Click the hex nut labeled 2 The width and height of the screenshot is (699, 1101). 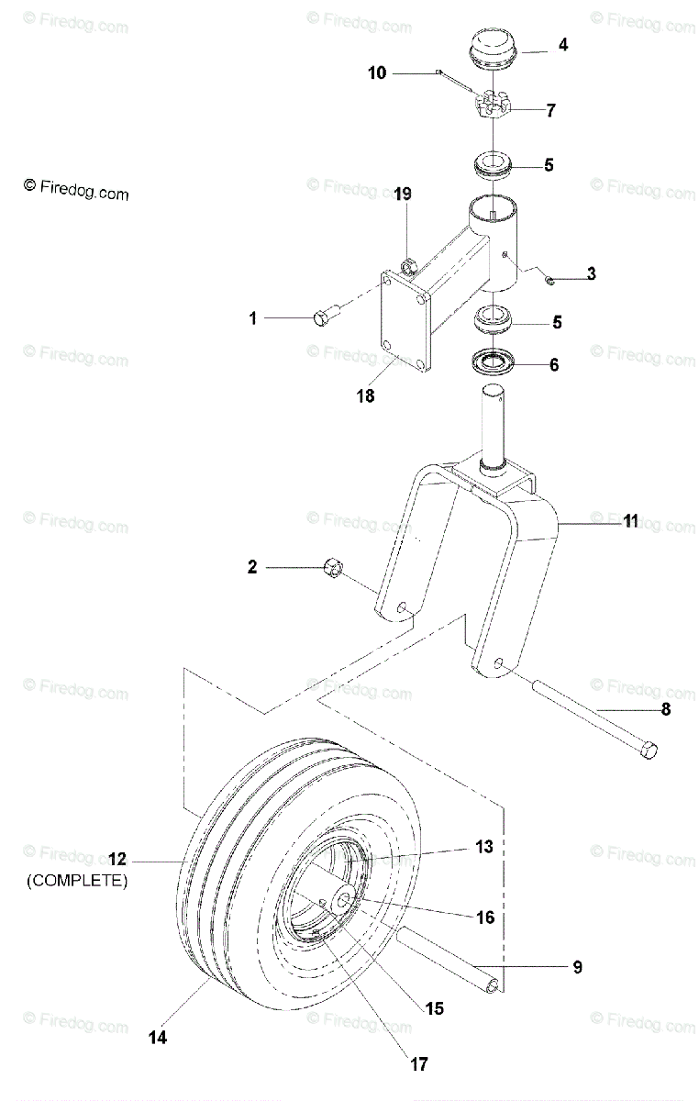(332, 570)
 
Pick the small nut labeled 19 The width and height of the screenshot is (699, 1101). (410, 267)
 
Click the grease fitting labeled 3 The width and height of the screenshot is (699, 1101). (549, 279)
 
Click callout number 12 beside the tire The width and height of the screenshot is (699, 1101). (117, 860)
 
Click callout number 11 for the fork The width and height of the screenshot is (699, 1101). (630, 521)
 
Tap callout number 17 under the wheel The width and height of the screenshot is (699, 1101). (418, 1064)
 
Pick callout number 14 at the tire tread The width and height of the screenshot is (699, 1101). (159, 1038)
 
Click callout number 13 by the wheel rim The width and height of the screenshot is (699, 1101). (484, 846)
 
